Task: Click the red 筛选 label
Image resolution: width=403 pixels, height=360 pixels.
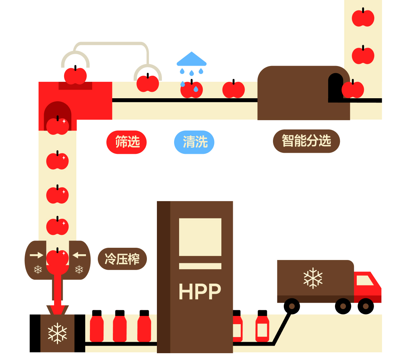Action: [126, 142]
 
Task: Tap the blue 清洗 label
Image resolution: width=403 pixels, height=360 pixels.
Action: [194, 142]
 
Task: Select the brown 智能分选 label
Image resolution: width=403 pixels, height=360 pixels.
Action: [306, 141]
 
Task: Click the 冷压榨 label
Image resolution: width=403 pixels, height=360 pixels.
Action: [122, 259]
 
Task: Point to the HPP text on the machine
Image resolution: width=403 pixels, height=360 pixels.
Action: [200, 292]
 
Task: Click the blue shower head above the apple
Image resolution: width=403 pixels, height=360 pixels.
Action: [192, 59]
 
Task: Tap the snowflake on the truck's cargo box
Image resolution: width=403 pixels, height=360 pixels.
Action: [313, 278]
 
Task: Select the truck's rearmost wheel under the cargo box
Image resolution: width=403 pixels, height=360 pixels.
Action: [292, 306]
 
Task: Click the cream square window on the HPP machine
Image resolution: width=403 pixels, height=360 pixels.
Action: [200, 237]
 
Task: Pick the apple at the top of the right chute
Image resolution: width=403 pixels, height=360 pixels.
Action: [363, 18]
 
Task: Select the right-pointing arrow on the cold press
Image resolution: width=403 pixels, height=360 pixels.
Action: [36, 255]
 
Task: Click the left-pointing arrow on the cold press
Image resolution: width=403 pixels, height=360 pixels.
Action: [79, 255]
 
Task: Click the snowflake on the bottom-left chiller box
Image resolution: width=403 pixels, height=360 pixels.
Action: [57, 333]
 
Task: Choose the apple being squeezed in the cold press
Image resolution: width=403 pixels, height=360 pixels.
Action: [57, 257]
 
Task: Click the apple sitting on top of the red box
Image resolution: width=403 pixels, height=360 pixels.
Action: [75, 76]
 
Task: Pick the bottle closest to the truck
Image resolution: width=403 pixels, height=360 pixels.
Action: [262, 326]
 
